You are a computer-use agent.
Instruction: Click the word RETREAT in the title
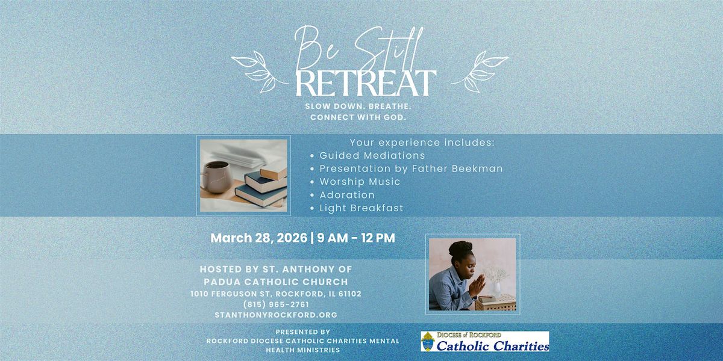click(x=366, y=83)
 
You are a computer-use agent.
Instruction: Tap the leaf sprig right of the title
click(x=480, y=72)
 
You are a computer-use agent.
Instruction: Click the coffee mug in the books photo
click(x=216, y=177)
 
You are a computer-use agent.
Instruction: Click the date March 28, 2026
click(x=259, y=238)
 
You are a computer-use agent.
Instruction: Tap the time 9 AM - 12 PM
click(x=356, y=238)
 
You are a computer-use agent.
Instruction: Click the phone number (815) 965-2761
click(x=276, y=304)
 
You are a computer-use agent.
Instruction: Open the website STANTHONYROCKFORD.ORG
click(x=276, y=315)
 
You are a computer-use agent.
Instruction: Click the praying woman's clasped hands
click(x=478, y=285)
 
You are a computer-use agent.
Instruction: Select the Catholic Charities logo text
click(x=493, y=346)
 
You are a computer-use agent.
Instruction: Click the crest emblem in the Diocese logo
click(x=427, y=341)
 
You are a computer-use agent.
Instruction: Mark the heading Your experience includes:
click(x=422, y=143)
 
